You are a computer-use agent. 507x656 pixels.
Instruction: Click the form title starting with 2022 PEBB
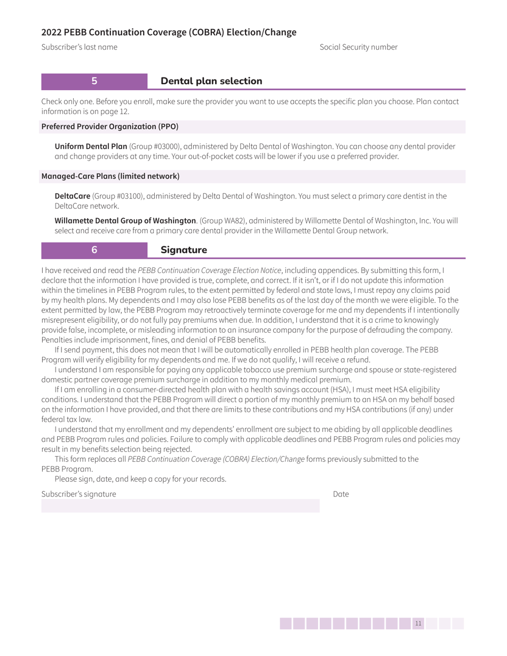169,32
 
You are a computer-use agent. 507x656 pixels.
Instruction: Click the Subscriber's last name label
80,47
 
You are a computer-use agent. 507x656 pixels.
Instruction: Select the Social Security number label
358,47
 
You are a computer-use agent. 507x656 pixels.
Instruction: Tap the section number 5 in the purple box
94,81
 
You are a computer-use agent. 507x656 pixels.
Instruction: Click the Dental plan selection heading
211,81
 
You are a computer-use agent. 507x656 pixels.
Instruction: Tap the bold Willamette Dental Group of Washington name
125,221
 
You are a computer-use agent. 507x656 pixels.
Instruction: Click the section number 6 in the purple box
94,250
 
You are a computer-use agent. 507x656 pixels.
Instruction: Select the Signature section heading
184,250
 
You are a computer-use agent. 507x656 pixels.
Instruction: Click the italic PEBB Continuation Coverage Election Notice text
209,270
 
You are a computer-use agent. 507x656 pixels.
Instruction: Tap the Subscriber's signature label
78,494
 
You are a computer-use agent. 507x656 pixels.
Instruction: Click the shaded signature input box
180,506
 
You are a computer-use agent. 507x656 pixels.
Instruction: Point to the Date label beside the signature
340,494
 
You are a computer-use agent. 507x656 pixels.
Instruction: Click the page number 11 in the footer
418,623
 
